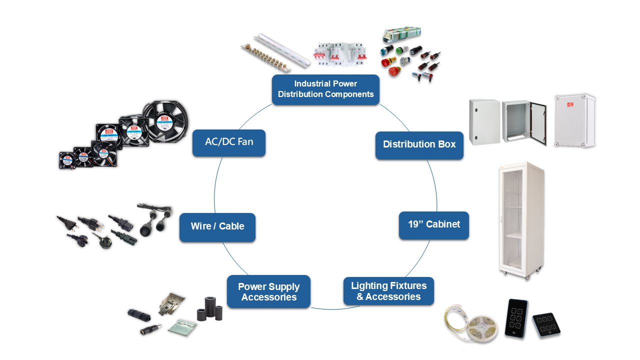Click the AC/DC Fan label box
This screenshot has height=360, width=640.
point(229,142)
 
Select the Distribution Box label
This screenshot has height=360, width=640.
point(419,145)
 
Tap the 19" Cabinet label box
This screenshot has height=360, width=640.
point(433,224)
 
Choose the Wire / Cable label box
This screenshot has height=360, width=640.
point(217,227)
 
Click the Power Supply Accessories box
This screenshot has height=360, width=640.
point(268,292)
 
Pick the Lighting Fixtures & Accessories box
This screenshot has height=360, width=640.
point(388,291)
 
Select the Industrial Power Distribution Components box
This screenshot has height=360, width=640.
point(325,89)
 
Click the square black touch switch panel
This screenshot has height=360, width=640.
point(546,324)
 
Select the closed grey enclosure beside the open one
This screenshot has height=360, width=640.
point(484,121)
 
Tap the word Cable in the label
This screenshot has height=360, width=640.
point(231,227)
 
